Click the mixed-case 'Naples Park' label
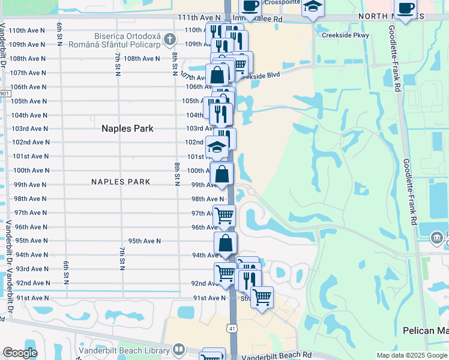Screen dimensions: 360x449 pyautogui.click(x=127, y=128)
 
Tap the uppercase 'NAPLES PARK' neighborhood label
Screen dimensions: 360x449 pyautogui.click(x=121, y=181)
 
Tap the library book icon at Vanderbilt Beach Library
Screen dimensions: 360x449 pyautogui.click(x=179, y=350)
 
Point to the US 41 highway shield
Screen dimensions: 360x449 pyautogui.click(x=232, y=328)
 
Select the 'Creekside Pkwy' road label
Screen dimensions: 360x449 pyautogui.click(x=345, y=35)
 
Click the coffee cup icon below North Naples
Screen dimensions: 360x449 pyautogui.click(x=406, y=8)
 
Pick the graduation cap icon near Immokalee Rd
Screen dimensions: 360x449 pyautogui.click(x=313, y=7)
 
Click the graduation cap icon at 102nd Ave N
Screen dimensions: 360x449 pyautogui.click(x=217, y=146)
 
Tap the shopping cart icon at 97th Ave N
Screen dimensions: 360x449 pyautogui.click(x=224, y=214)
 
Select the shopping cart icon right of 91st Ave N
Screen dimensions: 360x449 pyautogui.click(x=262, y=296)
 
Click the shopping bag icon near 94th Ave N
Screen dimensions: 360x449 pyautogui.click(x=226, y=242)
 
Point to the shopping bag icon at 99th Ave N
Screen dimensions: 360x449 pyautogui.click(x=222, y=174)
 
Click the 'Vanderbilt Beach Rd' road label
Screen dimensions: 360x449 pyautogui.click(x=277, y=356)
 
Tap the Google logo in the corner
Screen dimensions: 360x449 pyautogui.click(x=20, y=353)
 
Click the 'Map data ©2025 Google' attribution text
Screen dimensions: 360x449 pyautogui.click(x=411, y=355)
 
